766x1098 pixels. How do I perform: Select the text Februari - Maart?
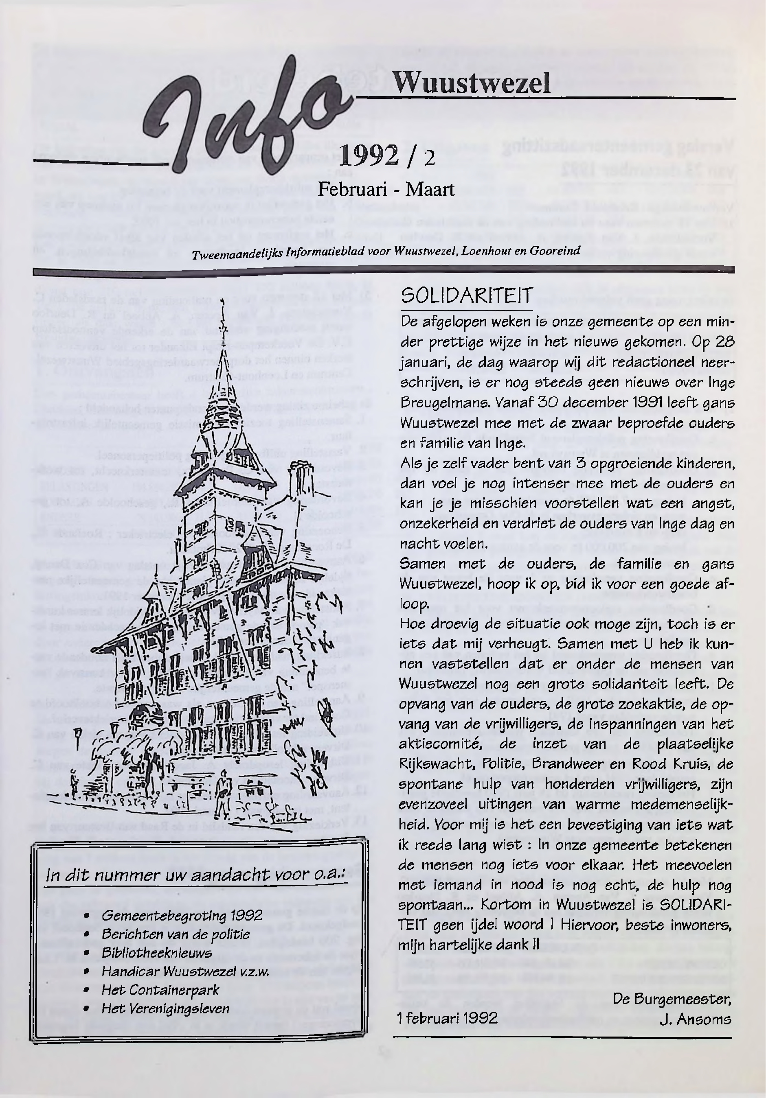[386, 190]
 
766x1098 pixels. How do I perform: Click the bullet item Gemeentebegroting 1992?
[182, 916]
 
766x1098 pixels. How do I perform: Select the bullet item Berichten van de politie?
[176, 934]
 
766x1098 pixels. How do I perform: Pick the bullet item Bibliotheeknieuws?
[156, 953]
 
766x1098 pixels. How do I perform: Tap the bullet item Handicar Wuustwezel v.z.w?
[185, 972]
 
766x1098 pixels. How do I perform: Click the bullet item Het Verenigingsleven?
[165, 1008]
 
